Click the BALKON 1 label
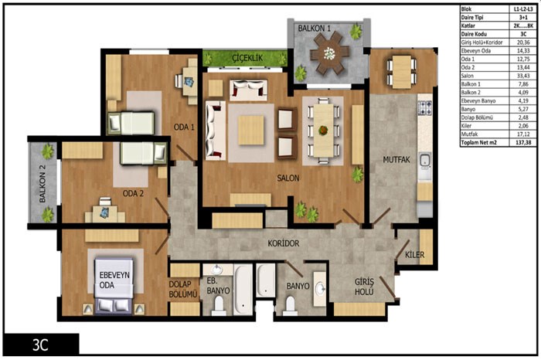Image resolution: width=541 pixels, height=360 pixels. [x=314, y=29]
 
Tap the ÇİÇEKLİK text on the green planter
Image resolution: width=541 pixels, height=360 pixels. [x=247, y=58]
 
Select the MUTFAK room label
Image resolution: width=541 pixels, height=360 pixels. [x=396, y=160]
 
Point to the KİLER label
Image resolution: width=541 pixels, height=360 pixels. [x=414, y=255]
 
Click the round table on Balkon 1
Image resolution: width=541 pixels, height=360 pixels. [x=329, y=53]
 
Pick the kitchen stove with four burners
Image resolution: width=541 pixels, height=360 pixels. [x=425, y=107]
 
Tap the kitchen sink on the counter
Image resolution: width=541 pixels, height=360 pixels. [x=425, y=161]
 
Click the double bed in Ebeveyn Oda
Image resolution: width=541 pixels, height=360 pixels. [x=114, y=286]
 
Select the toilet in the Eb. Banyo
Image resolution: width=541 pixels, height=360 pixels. [x=219, y=305]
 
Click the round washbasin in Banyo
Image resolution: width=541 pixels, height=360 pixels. [x=320, y=288]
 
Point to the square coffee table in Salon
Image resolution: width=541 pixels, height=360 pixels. [x=251, y=131]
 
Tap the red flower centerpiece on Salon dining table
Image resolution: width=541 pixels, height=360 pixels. [x=323, y=131]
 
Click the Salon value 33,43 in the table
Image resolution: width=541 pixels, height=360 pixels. [x=523, y=76]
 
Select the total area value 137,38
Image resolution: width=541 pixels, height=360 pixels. [x=523, y=142]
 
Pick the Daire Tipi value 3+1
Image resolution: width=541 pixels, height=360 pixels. [x=523, y=17]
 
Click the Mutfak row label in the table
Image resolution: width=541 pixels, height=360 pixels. [x=470, y=134]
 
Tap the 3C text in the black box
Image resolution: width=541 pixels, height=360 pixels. [x=40, y=345]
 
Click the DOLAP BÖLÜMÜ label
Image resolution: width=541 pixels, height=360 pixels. [x=183, y=289]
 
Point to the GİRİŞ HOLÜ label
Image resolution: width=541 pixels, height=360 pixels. [x=364, y=287]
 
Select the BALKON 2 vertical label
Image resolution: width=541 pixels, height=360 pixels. [x=42, y=183]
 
